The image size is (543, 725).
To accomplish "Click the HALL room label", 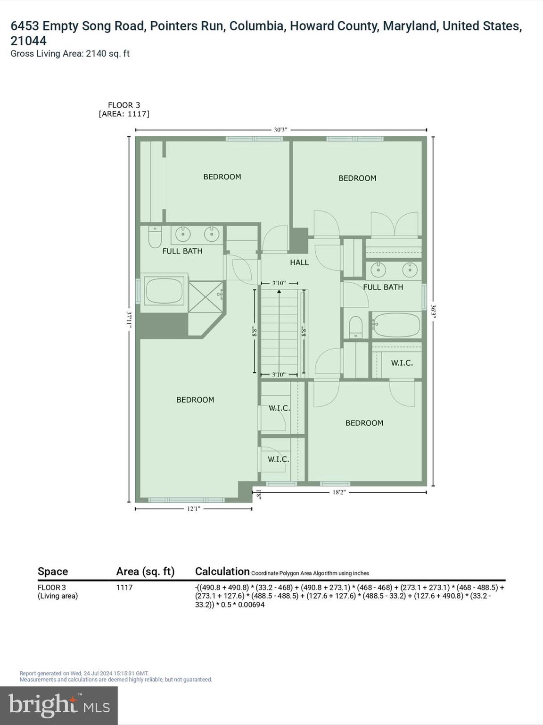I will pyautogui.click(x=299, y=262).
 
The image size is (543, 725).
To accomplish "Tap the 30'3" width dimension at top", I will pyautogui.click(x=280, y=130).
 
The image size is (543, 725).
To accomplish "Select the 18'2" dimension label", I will pyautogui.click(x=339, y=492).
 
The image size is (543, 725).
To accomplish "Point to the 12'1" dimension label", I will pyautogui.click(x=194, y=509).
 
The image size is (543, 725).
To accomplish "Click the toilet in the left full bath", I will pyautogui.click(x=155, y=237).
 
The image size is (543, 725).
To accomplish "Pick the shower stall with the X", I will pyautogui.click(x=206, y=296).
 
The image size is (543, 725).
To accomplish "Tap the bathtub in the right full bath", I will pyautogui.click(x=396, y=325).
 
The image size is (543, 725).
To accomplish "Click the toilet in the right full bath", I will pyautogui.click(x=355, y=327).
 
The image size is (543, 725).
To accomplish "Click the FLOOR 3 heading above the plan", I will pyautogui.click(x=124, y=105).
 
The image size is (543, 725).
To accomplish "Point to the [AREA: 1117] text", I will pyautogui.click(x=124, y=114).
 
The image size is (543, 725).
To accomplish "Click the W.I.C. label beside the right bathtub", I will pyautogui.click(x=402, y=363).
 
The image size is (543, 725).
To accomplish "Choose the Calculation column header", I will pyautogui.click(x=222, y=572).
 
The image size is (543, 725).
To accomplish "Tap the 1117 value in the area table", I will pyautogui.click(x=124, y=588).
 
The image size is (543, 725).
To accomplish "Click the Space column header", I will pyautogui.click(x=53, y=572).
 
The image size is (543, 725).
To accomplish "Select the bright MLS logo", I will pyautogui.click(x=59, y=705).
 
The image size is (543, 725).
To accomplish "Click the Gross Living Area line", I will pyautogui.click(x=70, y=54).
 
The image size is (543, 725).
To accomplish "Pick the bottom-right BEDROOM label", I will pyautogui.click(x=364, y=423).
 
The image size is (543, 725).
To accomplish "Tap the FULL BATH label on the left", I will pyautogui.click(x=182, y=251).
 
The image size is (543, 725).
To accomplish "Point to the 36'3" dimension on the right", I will pyautogui.click(x=433, y=312).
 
